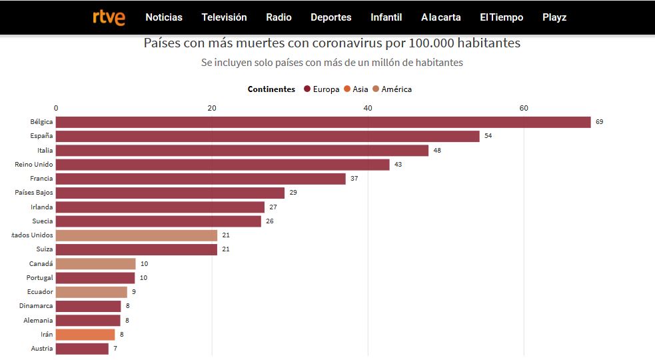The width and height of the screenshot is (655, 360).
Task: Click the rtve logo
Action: pos(109,17)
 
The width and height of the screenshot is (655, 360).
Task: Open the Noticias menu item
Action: pos(164,17)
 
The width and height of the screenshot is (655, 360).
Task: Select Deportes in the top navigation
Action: pos(330,17)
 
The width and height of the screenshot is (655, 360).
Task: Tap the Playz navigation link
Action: pos(554,17)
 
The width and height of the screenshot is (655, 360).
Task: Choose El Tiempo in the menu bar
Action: pos(501,17)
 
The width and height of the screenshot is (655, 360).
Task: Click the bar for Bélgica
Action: pos(323,122)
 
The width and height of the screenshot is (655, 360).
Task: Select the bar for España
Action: pos(267,136)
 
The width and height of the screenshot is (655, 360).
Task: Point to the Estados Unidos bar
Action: pos(137,235)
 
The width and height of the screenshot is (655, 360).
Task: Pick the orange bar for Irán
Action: pos(85,335)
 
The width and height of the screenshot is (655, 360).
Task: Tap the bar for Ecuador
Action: pos(91,292)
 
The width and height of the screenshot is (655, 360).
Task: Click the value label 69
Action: pos(599,122)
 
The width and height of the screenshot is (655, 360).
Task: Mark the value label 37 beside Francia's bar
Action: pos(354,179)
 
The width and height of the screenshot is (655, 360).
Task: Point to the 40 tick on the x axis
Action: pos(368,108)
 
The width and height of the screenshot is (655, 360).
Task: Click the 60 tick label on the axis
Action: pos(524,108)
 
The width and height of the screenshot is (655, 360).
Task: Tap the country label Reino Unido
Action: pos(34,164)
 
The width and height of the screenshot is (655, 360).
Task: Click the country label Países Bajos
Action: pos(34,193)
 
